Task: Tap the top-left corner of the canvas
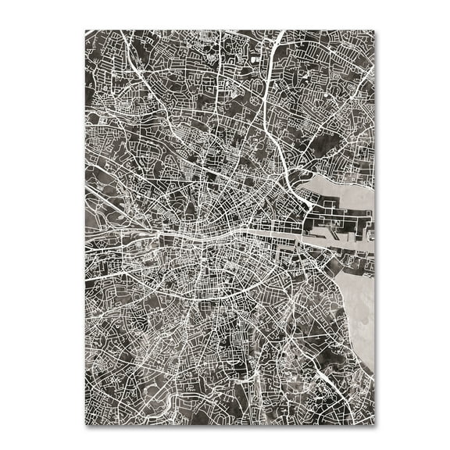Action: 86,31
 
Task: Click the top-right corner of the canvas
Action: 373,31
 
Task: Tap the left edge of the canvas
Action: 86,234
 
